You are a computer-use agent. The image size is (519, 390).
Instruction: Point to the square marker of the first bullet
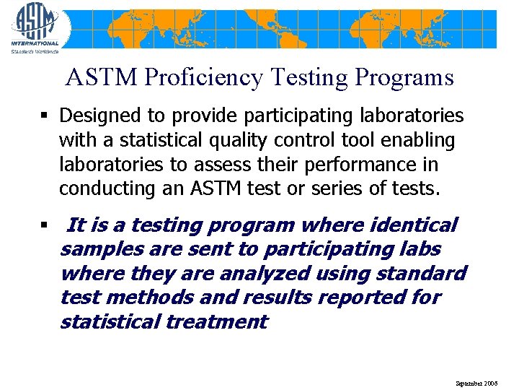pyautogui.click(x=45, y=116)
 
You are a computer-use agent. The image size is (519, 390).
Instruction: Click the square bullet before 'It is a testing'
pyautogui.click(x=45, y=226)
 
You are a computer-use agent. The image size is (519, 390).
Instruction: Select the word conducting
pyautogui.click(x=101, y=188)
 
